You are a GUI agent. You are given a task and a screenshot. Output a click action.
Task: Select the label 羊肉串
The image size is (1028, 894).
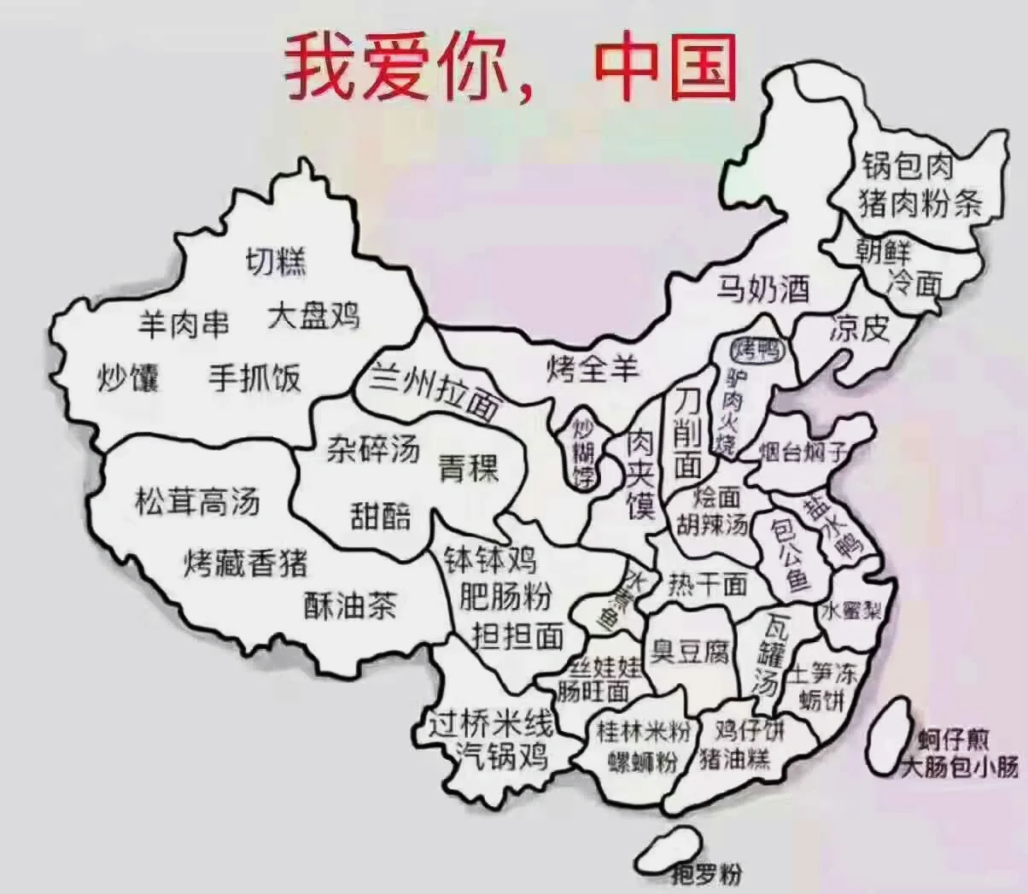pyautogui.click(x=184, y=324)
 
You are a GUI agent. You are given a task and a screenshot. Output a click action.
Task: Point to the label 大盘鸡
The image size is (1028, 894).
pyautogui.click(x=313, y=315)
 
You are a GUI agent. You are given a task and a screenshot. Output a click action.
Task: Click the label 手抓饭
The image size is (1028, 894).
pyautogui.click(x=255, y=377)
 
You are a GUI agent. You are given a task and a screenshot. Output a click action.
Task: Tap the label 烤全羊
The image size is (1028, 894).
pyautogui.click(x=593, y=369)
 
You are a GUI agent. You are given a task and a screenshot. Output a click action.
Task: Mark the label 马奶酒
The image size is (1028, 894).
pyautogui.click(x=762, y=290)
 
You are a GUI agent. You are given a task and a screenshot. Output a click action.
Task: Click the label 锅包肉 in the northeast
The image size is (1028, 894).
pyautogui.click(x=907, y=167)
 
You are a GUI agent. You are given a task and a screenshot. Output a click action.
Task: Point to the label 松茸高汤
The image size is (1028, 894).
pyautogui.click(x=197, y=502)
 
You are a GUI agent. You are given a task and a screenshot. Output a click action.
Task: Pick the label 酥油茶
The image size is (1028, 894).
pyautogui.click(x=351, y=605)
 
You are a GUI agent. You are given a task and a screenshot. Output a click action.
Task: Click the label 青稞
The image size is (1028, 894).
pyautogui.click(x=469, y=467)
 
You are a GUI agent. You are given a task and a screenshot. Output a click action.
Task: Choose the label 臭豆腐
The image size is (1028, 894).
pyautogui.click(x=691, y=653)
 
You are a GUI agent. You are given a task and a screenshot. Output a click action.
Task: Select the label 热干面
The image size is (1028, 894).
pyautogui.click(x=708, y=584)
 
